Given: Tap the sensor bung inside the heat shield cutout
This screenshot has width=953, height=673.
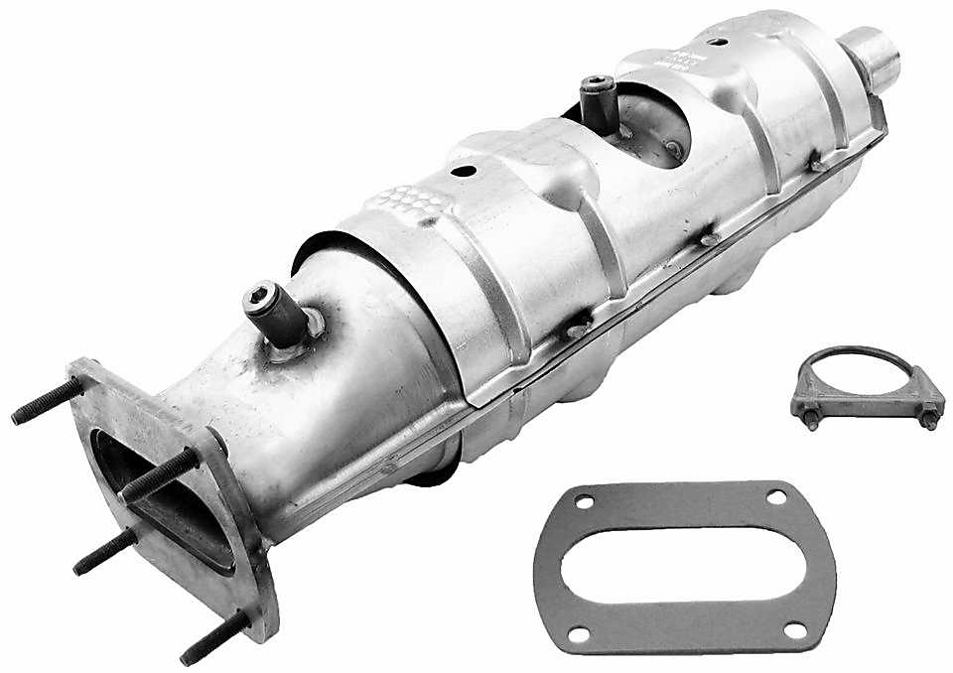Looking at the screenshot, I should [x=600, y=107].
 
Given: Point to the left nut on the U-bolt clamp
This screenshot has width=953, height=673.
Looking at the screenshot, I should [x=811, y=417].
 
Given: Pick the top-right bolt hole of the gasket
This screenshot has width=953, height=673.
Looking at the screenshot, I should [x=776, y=493].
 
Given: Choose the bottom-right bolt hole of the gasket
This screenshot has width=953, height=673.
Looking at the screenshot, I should [x=795, y=629].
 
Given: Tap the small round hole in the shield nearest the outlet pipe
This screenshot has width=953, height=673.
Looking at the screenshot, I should [x=715, y=44].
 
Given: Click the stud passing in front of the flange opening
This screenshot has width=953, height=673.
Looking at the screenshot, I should [x=159, y=474].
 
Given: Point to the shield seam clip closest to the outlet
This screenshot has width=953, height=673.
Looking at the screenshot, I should [x=814, y=159].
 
